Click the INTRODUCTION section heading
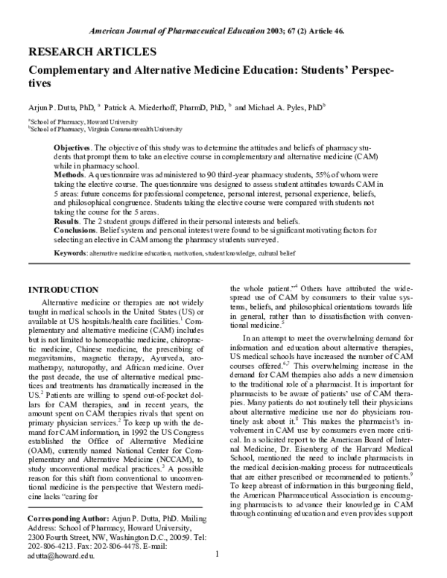63,289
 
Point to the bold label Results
69,222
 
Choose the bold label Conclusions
78,231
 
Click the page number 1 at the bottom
217,555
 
